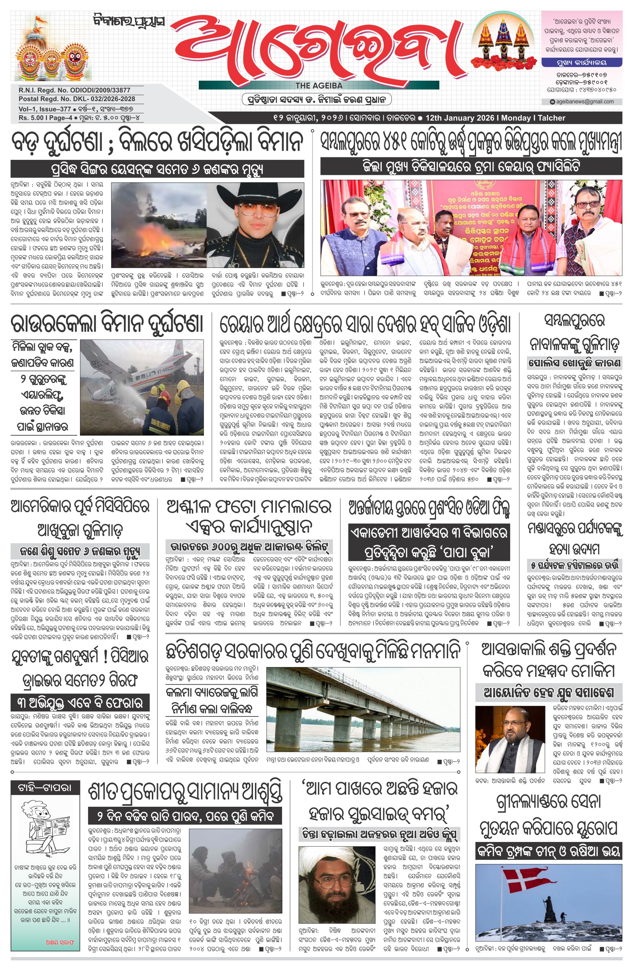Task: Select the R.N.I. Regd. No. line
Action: [74, 90]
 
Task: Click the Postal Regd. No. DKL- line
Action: [77, 99]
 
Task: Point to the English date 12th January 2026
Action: [460, 118]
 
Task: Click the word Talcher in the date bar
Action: [551, 118]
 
